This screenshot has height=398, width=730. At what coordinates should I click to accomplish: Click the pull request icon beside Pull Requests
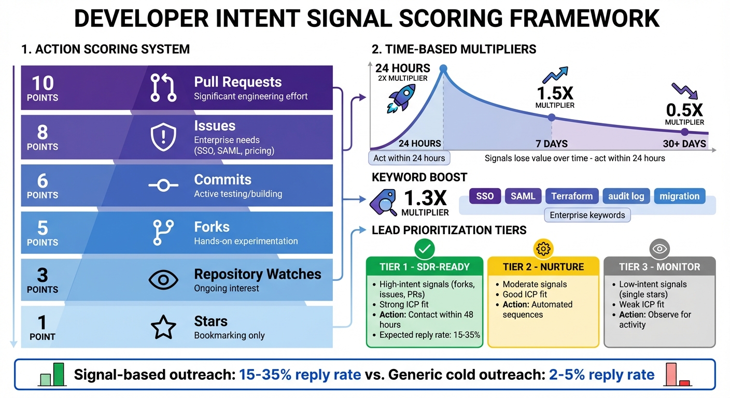point(163,88)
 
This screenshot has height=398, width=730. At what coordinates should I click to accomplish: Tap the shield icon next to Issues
point(163,136)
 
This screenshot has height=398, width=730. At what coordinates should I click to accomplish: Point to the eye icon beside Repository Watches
point(163,280)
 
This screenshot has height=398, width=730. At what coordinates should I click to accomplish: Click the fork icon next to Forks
point(163,233)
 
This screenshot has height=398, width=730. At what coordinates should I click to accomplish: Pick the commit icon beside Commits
point(163,186)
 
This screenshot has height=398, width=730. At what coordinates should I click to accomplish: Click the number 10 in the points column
point(43,83)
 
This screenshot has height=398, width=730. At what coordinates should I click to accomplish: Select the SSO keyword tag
point(485,196)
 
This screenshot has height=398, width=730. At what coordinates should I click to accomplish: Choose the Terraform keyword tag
point(572,196)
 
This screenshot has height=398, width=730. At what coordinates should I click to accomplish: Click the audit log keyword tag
point(626,196)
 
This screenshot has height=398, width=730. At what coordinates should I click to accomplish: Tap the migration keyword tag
point(679,196)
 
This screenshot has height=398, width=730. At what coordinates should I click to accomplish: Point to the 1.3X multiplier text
point(426,198)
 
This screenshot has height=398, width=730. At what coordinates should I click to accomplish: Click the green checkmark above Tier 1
point(425,249)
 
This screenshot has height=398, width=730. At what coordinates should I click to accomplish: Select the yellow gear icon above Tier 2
point(543,249)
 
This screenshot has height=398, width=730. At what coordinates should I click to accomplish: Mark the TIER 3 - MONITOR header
point(659,267)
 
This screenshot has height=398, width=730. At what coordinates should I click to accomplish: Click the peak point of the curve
point(443,68)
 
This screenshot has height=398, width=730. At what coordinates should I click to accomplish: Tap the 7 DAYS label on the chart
point(551,144)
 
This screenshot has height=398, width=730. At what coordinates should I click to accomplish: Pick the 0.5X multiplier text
point(684,110)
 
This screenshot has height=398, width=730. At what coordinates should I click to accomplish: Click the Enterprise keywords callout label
point(587,215)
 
